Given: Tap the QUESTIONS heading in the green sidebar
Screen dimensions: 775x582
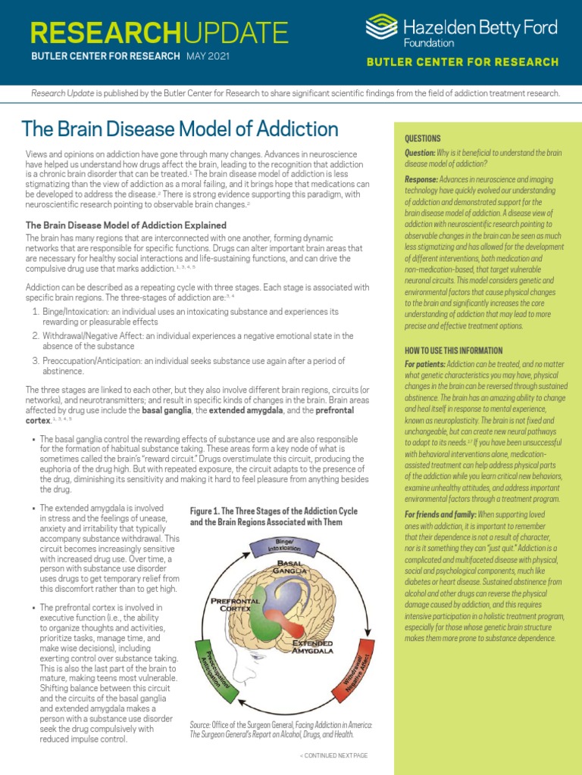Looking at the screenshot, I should click(x=423, y=139).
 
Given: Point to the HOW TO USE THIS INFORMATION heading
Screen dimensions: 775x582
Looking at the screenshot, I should click(x=454, y=350).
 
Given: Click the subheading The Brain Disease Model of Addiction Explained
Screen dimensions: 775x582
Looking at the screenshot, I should click(x=126, y=225).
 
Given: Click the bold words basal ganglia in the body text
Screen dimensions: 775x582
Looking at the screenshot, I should click(x=168, y=409).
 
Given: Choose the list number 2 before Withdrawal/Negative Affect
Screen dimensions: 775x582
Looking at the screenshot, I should click(x=35, y=335).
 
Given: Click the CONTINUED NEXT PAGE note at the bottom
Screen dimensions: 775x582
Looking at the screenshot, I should click(x=333, y=755).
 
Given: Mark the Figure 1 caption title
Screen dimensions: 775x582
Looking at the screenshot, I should click(x=273, y=516).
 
